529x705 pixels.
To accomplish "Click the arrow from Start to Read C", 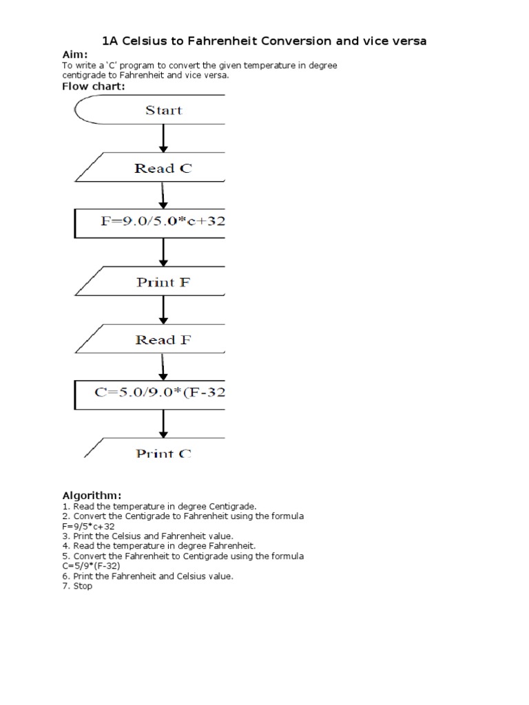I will [164, 139].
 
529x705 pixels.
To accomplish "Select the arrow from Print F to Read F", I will [164, 311].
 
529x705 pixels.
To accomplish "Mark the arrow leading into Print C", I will [164, 423].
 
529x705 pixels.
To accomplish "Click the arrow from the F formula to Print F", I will [164, 253].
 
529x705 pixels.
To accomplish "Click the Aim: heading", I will [75, 54].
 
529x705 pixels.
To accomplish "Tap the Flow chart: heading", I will [94, 87].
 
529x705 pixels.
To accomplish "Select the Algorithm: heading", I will [92, 496].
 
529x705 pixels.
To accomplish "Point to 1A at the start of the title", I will [110, 41].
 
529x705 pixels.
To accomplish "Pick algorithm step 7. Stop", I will [77, 586].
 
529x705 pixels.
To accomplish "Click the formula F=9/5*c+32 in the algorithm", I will [88, 526].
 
